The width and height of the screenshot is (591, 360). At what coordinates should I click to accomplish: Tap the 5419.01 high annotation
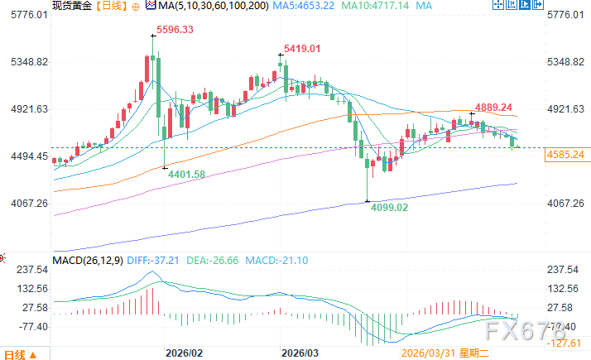(x=304, y=49)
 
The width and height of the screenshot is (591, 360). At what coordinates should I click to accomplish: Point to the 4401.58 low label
(x=186, y=174)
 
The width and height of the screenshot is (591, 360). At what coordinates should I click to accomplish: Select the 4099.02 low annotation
(x=389, y=208)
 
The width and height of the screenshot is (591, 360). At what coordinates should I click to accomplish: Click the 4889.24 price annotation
(x=493, y=107)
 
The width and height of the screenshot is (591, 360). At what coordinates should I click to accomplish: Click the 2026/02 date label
(x=185, y=352)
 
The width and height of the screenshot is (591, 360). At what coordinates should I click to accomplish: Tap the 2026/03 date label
(x=300, y=352)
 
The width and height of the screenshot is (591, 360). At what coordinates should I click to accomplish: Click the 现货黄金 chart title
(x=69, y=6)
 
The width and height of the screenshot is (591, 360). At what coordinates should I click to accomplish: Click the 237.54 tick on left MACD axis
(x=27, y=269)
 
